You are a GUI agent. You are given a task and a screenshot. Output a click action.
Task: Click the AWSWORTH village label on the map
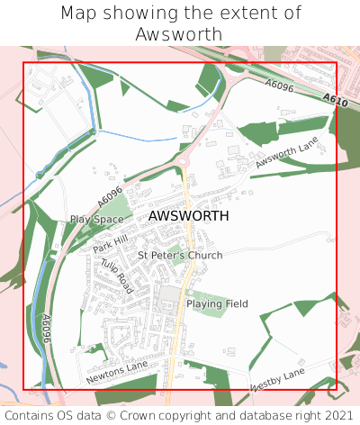pyautogui.click(x=188, y=216)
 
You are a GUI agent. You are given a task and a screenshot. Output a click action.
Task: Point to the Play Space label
pyautogui.click(x=96, y=219)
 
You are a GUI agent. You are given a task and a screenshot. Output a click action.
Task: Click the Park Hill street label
pyautogui.click(x=110, y=241)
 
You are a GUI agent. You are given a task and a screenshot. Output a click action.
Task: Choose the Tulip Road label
pyautogui.click(x=117, y=276)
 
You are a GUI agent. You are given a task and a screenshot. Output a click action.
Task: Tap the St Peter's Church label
pyautogui.click(x=180, y=256)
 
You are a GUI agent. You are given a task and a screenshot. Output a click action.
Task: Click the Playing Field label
pyautogui.click(x=217, y=304)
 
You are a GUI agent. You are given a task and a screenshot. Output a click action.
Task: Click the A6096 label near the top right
pyautogui.click(x=279, y=86)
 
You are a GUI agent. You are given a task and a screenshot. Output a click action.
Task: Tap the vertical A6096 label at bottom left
pyautogui.click(x=46, y=330)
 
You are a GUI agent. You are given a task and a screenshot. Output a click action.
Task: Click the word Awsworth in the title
pyautogui.click(x=179, y=34)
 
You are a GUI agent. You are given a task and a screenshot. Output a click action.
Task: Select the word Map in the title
pyautogui.click(x=78, y=14)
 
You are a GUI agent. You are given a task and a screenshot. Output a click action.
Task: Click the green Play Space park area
pyautogui.click(x=118, y=210)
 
